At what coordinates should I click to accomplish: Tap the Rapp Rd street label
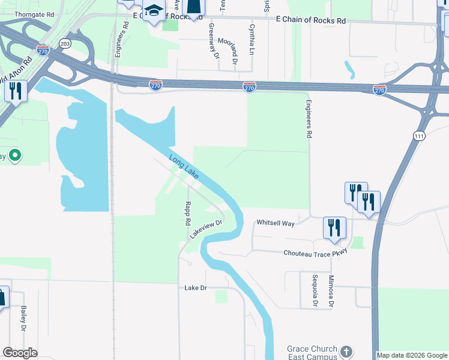[x=187, y=213]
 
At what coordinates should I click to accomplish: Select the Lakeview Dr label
[x=206, y=229]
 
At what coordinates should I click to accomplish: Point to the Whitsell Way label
[x=276, y=223]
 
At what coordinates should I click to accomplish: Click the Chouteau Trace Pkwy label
[x=316, y=253]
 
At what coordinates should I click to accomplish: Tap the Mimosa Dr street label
[x=331, y=292]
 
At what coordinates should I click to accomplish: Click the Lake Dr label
[x=196, y=288]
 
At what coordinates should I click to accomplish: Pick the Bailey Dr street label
[x=24, y=318]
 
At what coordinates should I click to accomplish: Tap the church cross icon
[x=346, y=351]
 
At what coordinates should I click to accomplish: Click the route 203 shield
[x=65, y=43]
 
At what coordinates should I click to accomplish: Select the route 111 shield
[x=419, y=136]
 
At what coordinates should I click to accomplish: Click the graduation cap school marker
[x=154, y=11]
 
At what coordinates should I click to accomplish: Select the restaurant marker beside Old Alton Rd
[x=14, y=91]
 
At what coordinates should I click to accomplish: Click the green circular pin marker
[x=15, y=156]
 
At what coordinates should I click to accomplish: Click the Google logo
[x=20, y=352]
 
